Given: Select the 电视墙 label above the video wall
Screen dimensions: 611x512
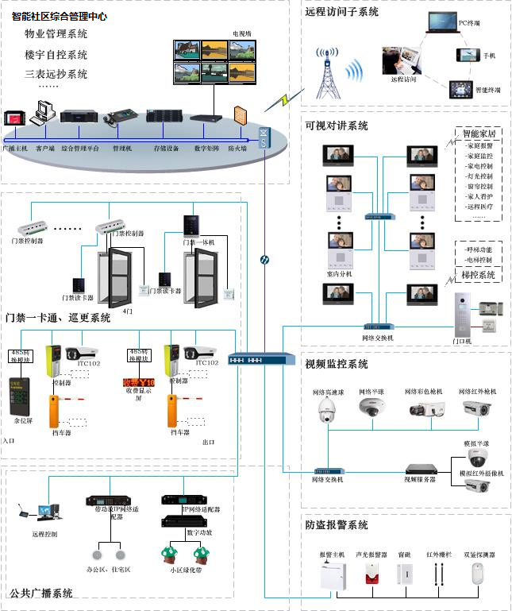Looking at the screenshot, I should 241,33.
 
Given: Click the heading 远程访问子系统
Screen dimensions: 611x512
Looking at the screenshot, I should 341,12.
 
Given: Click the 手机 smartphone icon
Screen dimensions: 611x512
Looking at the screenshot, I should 465,55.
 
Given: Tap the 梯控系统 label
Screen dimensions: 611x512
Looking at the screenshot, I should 478,275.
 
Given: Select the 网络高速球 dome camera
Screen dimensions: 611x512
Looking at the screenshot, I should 328,410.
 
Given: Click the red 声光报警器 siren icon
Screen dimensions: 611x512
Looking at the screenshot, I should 371,574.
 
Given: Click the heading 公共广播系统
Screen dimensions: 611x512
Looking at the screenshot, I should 41,593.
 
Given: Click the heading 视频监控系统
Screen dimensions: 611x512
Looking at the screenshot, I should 337,365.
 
